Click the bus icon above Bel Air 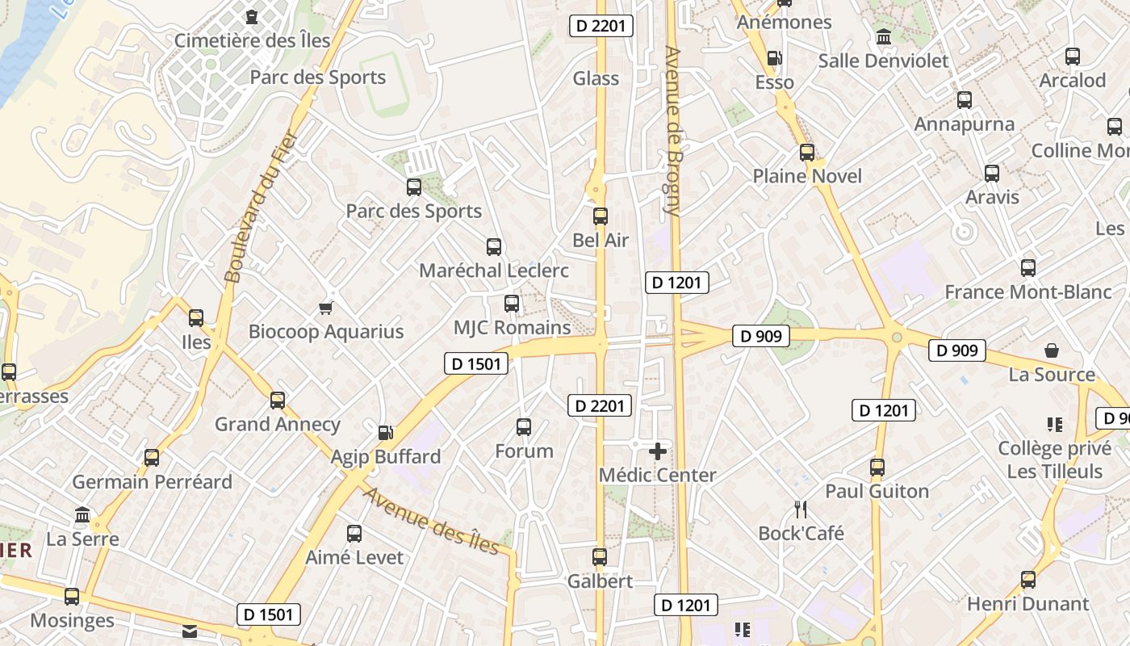(x=600, y=216)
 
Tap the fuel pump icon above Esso (x=774, y=58)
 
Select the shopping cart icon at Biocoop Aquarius (x=326, y=308)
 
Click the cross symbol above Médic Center (x=658, y=451)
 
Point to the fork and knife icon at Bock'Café (x=801, y=510)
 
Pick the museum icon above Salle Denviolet (x=883, y=37)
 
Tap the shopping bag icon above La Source (x=1052, y=350)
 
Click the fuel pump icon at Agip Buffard (x=386, y=433)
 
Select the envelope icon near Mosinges (x=190, y=631)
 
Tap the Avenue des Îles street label (x=431, y=521)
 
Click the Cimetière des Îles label (x=252, y=40)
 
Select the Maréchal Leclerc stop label (x=494, y=271)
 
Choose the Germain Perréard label (x=152, y=482)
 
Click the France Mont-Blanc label (x=1027, y=292)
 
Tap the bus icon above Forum (x=524, y=427)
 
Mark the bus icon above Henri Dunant (x=1027, y=580)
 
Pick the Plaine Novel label (x=807, y=176)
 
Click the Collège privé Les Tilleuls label (x=1054, y=459)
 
